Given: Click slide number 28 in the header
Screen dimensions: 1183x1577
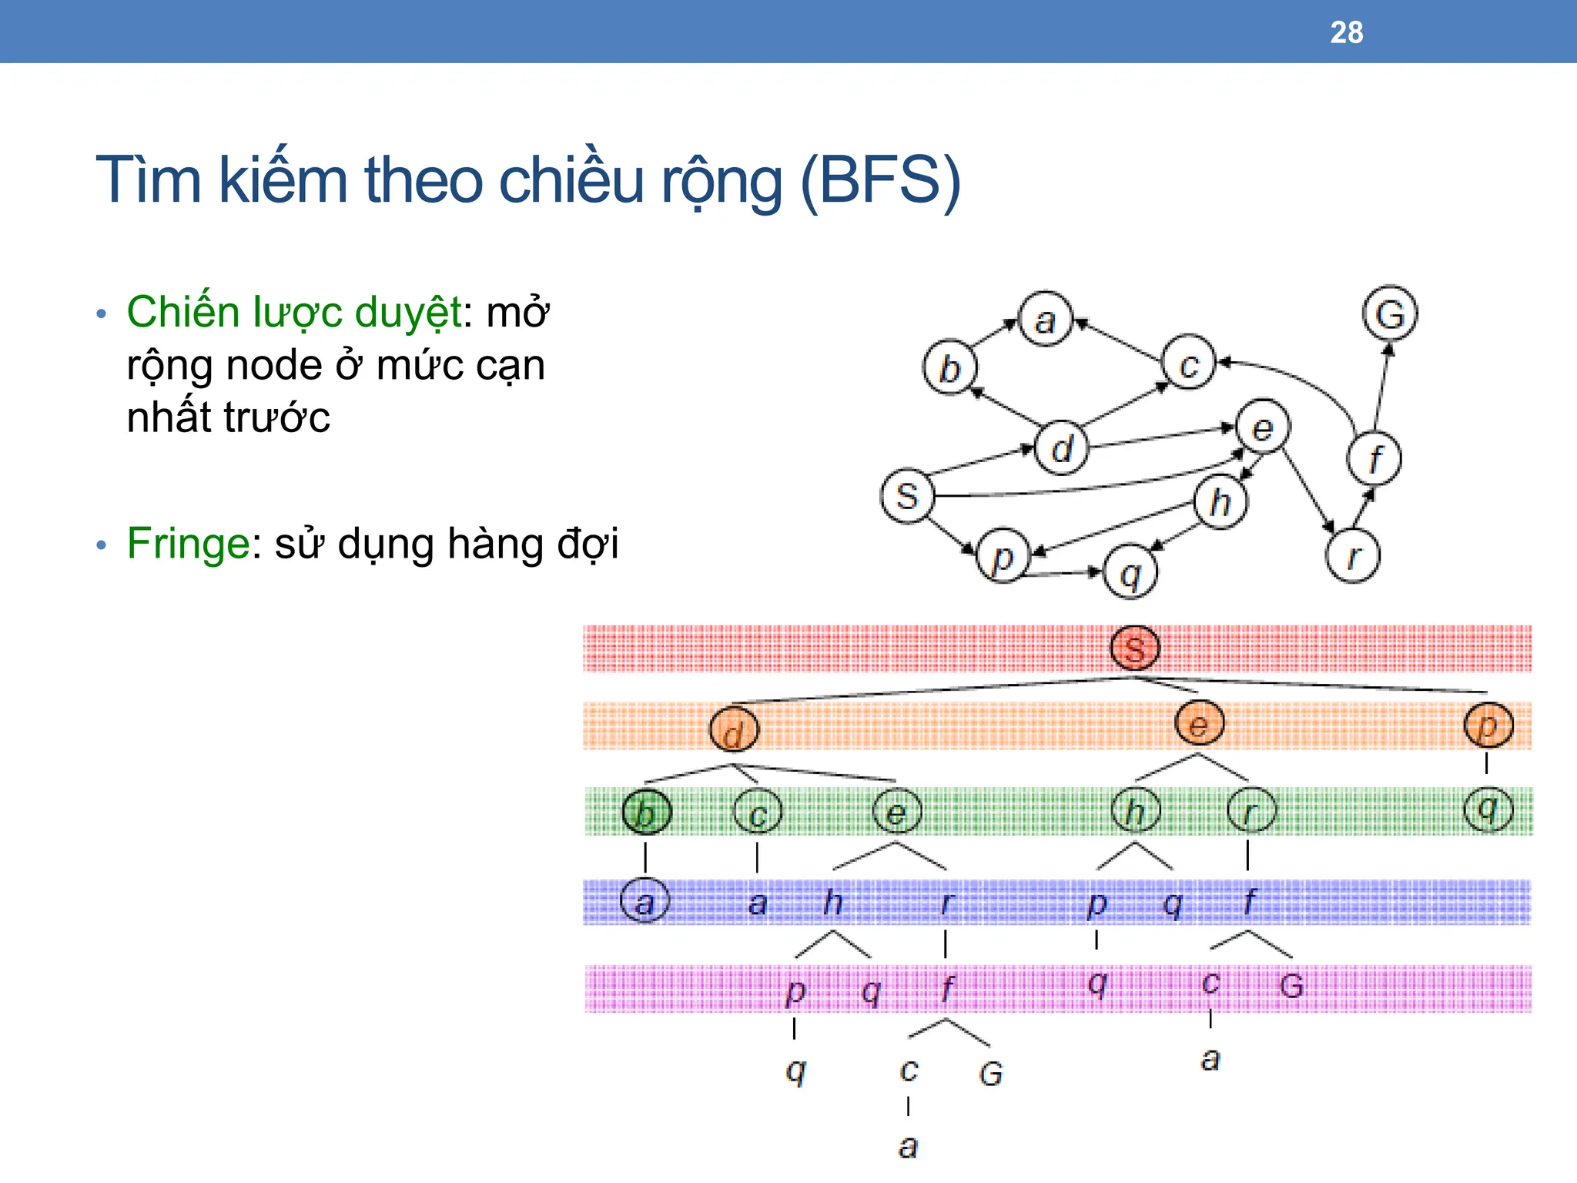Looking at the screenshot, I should [1346, 32].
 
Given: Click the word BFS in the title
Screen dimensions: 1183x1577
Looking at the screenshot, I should [881, 180].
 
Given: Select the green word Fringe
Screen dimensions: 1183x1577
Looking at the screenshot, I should [188, 543].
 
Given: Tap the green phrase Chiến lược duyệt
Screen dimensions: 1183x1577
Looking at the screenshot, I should [295, 313].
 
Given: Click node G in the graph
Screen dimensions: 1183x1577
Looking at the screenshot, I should [1390, 314].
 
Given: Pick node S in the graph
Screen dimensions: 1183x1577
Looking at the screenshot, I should [907, 495].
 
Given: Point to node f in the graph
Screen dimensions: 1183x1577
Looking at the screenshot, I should [1374, 458].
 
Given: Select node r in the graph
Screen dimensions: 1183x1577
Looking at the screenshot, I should [1353, 555].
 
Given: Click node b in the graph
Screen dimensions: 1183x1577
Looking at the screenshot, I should [949, 368].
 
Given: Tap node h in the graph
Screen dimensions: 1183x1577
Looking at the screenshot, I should [1220, 502].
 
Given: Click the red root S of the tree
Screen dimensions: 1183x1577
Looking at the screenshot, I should [1135, 648].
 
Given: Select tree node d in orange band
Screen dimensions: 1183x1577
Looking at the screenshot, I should [734, 729].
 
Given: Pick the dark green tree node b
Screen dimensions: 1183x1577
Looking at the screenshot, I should [646, 813].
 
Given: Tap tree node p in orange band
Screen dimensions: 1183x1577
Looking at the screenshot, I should [1488, 726].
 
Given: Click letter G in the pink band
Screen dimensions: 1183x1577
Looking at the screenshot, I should [1291, 986].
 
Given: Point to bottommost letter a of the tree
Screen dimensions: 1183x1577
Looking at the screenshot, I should [909, 1147].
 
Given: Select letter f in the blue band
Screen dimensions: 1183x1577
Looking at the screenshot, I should [1249, 901].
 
